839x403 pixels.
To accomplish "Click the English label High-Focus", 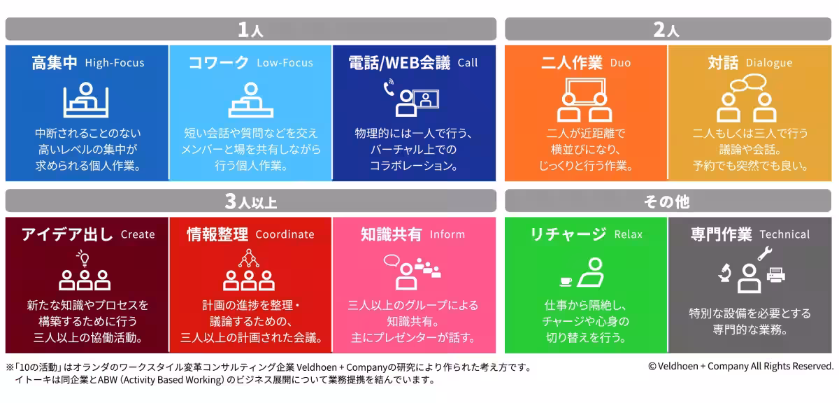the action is pos(115,62).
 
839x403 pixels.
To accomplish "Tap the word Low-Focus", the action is pos(285,62).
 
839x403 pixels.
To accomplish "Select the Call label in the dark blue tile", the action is pos(468,62).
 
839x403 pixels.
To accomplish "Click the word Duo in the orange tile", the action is pos(621,62).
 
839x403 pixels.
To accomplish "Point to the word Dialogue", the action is pos(769,62).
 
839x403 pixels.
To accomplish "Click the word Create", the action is pos(138,234).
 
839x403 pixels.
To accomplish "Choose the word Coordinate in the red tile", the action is pos(285,234).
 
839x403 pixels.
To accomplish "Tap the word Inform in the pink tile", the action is pos(447,234).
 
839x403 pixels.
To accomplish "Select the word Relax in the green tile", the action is pos(628,234).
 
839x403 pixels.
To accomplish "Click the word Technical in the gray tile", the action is pos(784,234).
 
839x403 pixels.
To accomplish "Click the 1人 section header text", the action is pos(250,29).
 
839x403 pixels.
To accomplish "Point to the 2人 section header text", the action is pos(666,29).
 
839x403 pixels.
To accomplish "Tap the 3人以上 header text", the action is pos(250,201).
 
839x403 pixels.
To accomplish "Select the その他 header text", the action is pos(667,201).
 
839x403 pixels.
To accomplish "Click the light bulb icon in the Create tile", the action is pos(83,258).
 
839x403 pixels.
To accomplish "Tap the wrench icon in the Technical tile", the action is pos(765,253).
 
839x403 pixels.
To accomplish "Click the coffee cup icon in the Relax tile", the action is pos(566,281).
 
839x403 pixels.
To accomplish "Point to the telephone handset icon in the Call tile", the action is pos(389,87).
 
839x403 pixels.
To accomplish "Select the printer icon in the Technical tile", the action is pos(775,275).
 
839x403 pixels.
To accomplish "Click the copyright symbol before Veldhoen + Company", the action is pos(652,367).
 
